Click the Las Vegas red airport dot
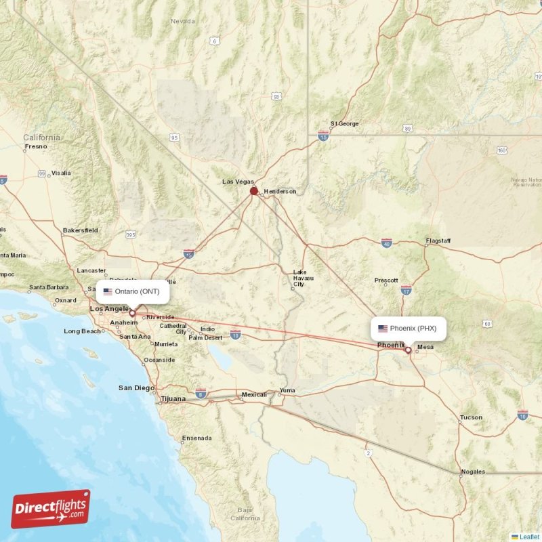point(254,191)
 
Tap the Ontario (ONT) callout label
point(133,291)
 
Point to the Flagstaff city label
point(438,241)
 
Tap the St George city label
point(345,124)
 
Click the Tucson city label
point(471,417)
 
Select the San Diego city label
point(137,388)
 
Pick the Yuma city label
point(288,390)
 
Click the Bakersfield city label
point(80,230)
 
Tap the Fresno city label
point(36,146)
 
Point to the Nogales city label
point(472,472)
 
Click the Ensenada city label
point(196,438)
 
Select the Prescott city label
point(386,280)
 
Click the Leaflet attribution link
point(529,537)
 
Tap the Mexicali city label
point(254,394)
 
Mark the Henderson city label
point(280,192)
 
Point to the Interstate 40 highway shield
point(386,243)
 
